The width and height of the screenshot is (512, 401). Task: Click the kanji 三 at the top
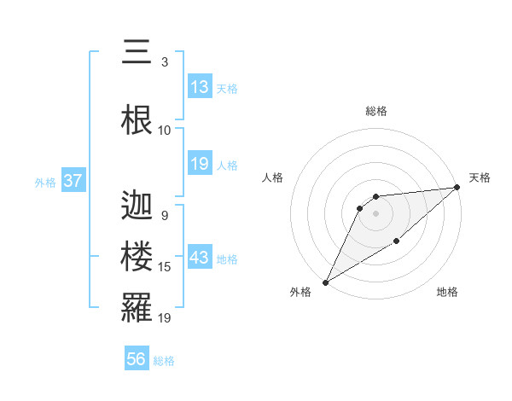click(132, 53)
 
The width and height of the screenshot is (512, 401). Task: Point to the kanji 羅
click(137, 307)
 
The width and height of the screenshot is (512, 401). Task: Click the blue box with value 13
click(200, 87)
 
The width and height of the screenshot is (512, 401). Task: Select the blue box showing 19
click(200, 164)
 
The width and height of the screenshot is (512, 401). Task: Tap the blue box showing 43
click(200, 259)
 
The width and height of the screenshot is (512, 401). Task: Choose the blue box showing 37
click(73, 181)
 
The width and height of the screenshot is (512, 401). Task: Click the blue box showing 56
click(137, 359)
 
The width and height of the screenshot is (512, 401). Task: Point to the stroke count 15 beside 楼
click(166, 268)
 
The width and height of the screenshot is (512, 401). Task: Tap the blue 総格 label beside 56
click(164, 361)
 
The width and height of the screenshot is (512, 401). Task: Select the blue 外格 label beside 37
click(45, 183)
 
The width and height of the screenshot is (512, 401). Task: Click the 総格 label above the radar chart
click(375, 111)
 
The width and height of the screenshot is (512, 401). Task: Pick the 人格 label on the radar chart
click(273, 177)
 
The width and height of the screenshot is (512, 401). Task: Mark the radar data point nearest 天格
click(458, 188)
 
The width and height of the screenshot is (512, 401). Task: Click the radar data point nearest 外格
click(325, 282)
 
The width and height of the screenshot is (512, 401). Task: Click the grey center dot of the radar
click(375, 213)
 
